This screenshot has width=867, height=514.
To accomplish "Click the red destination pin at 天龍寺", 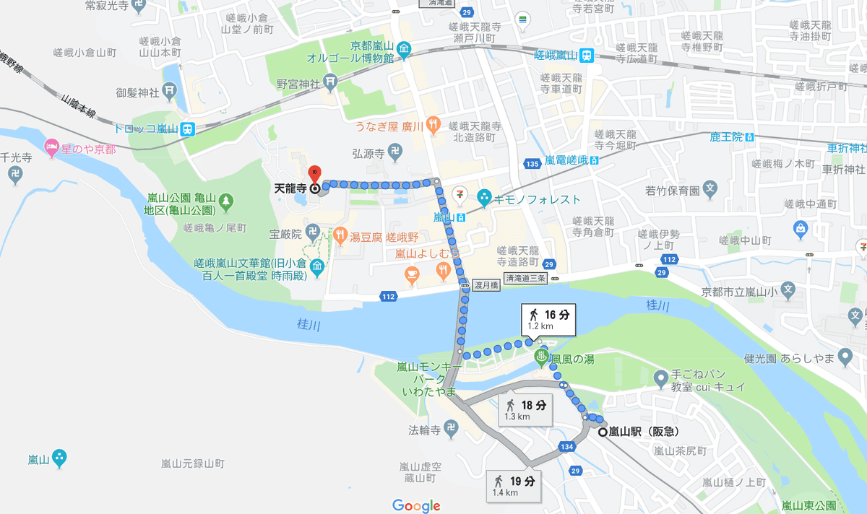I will (x=314, y=174).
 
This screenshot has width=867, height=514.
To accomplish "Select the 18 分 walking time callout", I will (x=526, y=409).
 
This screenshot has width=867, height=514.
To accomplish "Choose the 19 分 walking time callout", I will (x=514, y=485).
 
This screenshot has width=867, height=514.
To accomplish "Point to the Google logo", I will (x=416, y=505).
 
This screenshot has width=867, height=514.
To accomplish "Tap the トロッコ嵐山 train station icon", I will (x=188, y=129).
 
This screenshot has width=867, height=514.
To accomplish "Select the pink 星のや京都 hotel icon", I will (x=52, y=148).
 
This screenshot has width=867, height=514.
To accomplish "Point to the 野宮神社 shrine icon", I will (x=330, y=84).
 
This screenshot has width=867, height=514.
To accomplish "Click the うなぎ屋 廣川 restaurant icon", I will (x=433, y=125).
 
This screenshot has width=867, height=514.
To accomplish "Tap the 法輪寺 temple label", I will (x=425, y=430).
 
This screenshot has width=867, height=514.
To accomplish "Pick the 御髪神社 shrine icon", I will (x=169, y=92).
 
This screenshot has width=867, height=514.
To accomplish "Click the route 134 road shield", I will (x=566, y=448).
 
